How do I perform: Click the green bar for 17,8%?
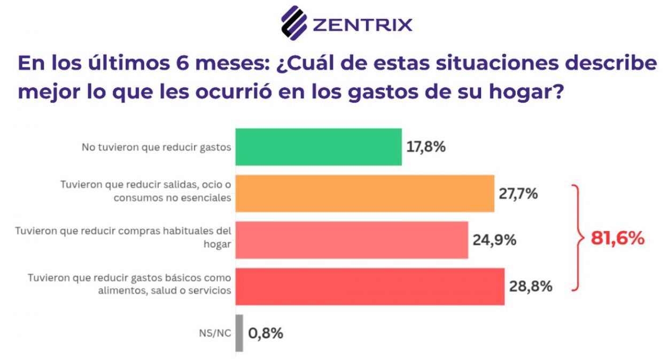tap(319, 147)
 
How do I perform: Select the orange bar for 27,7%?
tap(364, 193)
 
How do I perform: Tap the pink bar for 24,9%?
tap(352, 240)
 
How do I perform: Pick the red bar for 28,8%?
tap(370, 286)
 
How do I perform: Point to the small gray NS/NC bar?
tap(239, 333)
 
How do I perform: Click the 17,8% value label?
tap(426, 147)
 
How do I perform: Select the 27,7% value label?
tap(518, 193)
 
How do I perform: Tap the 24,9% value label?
tap(494, 240)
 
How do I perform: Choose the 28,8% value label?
tap(531, 287)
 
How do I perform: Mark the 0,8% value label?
tap(266, 333)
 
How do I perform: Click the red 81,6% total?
tap(618, 239)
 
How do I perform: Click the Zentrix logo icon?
tap(293, 23)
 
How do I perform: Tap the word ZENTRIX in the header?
tap(362, 25)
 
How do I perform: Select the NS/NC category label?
tap(216, 333)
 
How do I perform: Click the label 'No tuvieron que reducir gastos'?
tap(156, 147)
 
